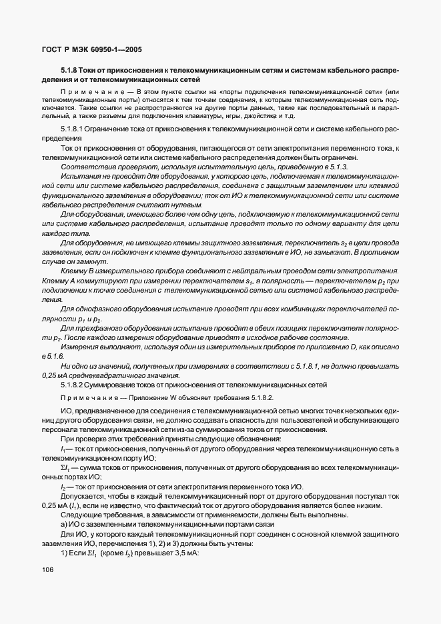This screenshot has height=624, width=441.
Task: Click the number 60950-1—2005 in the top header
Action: click(115, 50)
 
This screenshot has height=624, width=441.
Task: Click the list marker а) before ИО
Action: click(65, 523)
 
